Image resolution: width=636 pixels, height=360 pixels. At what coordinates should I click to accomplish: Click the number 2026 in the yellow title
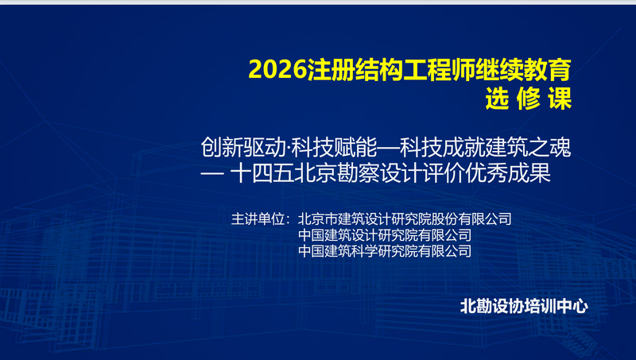click(x=277, y=70)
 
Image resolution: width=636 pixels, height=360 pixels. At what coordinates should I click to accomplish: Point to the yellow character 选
click(x=498, y=98)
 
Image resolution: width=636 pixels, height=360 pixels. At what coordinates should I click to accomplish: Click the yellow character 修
click(x=529, y=98)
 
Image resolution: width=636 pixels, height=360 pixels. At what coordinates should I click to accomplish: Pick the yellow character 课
click(x=560, y=98)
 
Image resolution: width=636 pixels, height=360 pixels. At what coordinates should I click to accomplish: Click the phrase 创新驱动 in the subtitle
click(x=243, y=147)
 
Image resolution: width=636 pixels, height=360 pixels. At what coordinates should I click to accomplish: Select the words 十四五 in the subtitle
click(x=262, y=173)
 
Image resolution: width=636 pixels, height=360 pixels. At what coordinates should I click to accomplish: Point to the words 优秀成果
click(x=508, y=173)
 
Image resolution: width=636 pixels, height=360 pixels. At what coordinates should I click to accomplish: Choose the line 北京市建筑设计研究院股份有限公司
click(x=405, y=219)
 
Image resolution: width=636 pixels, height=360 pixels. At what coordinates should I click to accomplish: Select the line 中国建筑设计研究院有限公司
click(x=385, y=235)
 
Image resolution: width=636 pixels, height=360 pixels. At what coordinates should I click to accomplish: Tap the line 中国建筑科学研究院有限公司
click(x=385, y=251)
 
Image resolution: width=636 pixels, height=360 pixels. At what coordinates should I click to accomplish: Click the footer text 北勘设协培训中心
click(x=524, y=306)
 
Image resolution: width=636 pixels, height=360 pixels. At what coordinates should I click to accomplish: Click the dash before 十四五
click(x=212, y=173)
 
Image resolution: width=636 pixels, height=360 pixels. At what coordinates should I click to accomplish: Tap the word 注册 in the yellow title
click(x=331, y=70)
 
